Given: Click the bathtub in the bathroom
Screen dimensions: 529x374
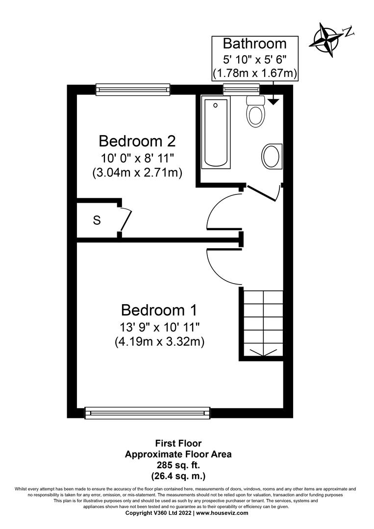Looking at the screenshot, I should point(216,132).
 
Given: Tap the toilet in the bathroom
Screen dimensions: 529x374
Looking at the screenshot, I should point(255,112).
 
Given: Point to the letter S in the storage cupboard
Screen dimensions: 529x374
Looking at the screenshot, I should point(97,221).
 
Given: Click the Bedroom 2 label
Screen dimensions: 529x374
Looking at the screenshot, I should point(137,141).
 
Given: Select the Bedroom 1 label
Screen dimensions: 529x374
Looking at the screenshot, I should point(159,310).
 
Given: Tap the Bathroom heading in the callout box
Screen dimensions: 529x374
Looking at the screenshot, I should point(254,44).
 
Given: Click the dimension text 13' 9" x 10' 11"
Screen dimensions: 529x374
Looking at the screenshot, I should point(159,326).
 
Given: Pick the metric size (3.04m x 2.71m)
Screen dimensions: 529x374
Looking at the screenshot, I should point(137,172).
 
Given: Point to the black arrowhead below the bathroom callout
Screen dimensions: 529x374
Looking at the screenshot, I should point(273,101).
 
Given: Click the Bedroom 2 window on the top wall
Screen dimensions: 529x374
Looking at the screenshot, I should point(133,89).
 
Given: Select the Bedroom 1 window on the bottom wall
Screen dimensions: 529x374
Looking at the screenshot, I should point(148,412).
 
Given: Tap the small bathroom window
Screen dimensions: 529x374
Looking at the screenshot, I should point(241,89).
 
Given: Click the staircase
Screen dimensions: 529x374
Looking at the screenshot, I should point(263,323).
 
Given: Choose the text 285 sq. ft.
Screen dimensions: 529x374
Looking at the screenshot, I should point(178,465).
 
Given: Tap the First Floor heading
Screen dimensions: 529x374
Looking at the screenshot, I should point(178,443).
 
